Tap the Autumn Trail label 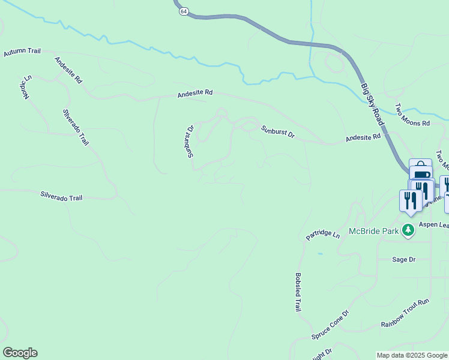pos(22,52)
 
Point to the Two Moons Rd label pos(412,115)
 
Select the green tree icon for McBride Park pos(408,230)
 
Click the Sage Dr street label pos(403,259)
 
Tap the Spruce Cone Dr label pos(330,325)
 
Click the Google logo pos(20,353)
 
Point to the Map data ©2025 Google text pos(411,355)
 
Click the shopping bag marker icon pos(421,166)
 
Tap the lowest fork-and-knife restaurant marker pos(409,200)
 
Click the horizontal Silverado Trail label pos(61,196)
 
